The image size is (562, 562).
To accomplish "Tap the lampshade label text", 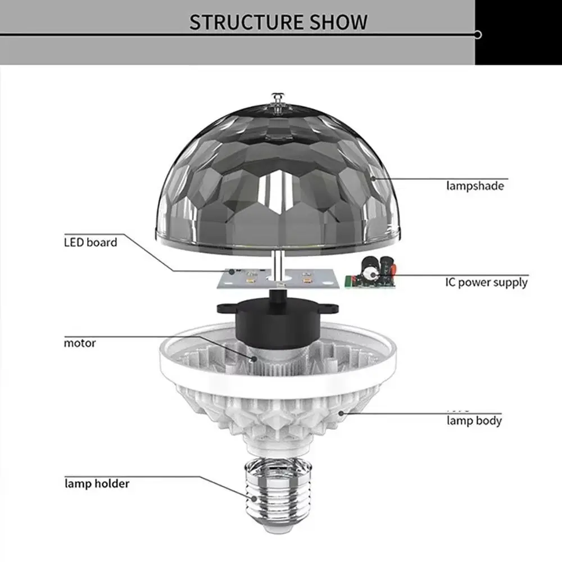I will pyautogui.click(x=475, y=185).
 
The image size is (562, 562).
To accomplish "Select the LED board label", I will pyautogui.click(x=90, y=243).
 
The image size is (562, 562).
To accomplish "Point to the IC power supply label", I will pyautogui.click(x=487, y=282).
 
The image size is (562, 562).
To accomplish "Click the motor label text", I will pyautogui.click(x=80, y=342).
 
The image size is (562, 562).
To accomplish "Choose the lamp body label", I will pyautogui.click(x=474, y=420).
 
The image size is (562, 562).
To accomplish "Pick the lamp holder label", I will pyautogui.click(x=97, y=483).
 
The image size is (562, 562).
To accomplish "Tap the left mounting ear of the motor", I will pyautogui.click(x=226, y=309).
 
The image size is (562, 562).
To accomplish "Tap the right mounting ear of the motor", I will pyautogui.click(x=332, y=309).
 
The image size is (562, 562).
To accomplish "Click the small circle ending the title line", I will pyautogui.click(x=478, y=35).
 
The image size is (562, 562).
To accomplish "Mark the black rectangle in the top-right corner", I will pyautogui.click(x=518, y=32).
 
